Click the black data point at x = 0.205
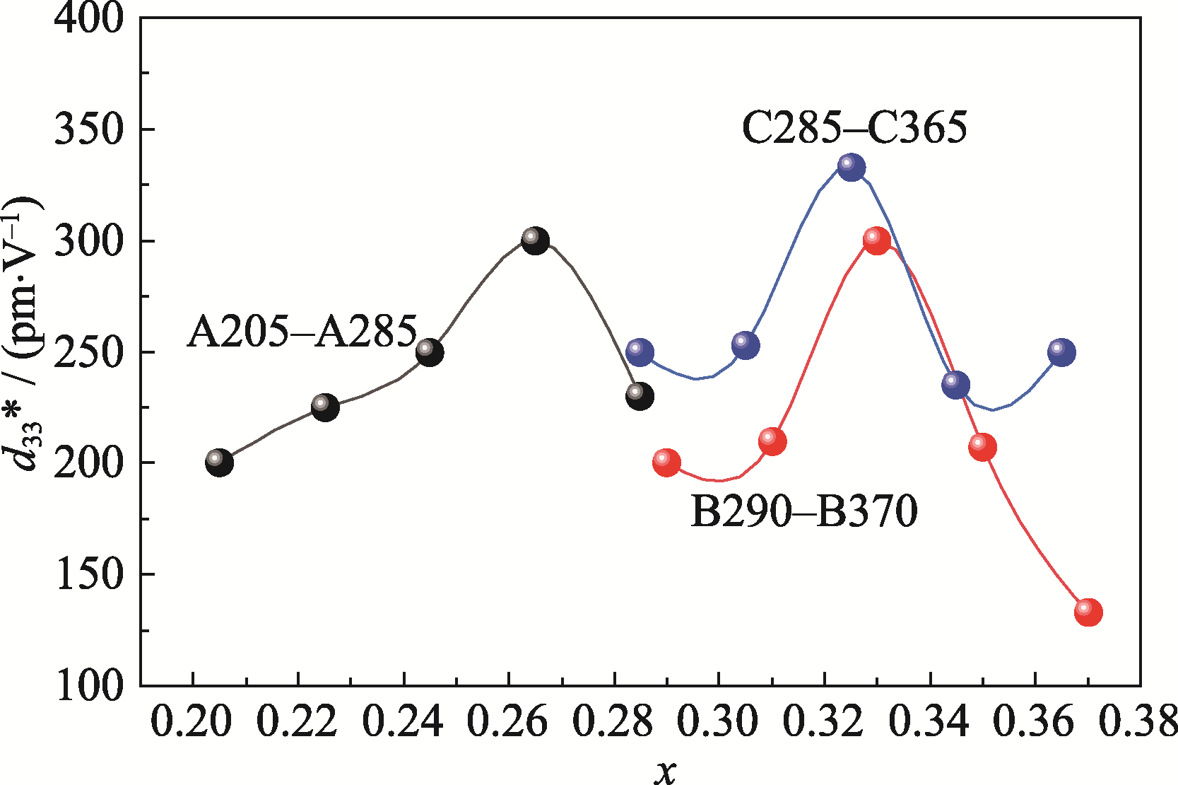tap(219, 463)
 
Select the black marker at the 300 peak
tap(535, 240)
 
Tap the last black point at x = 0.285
tap(640, 396)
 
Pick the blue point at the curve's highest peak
tap(852, 167)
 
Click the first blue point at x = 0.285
tap(640, 351)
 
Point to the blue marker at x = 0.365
tap(1061, 351)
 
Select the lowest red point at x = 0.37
tap(1088, 612)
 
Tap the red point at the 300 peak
tap(876, 240)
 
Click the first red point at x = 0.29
tap(666, 463)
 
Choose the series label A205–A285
tap(302, 332)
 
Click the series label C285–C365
tap(854, 129)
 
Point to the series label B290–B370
tap(803, 511)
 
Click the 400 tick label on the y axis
tap(89, 18)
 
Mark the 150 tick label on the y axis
tap(89, 574)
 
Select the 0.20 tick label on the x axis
tap(192, 723)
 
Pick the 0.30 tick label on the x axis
tap(719, 723)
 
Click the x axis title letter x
tap(664, 772)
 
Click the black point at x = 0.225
tap(325, 407)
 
